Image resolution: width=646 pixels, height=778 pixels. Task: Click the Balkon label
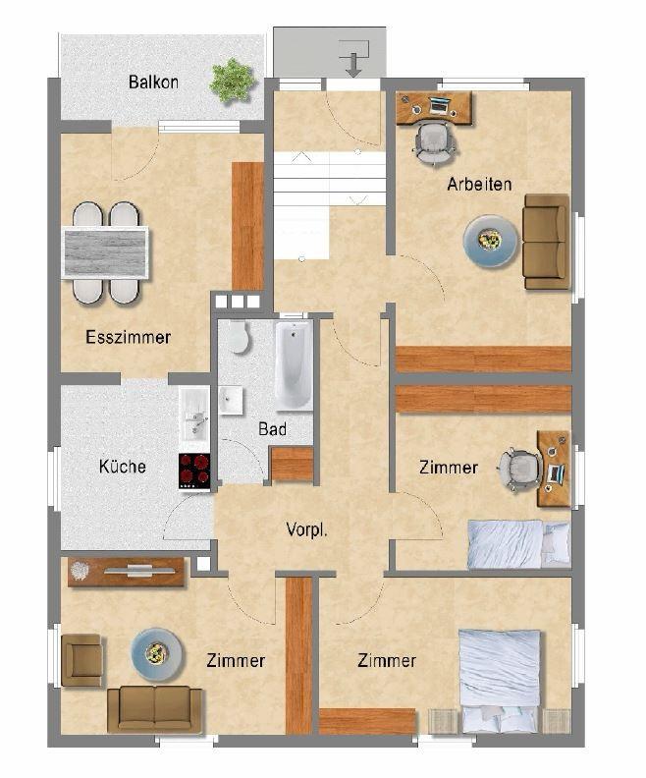[153, 83]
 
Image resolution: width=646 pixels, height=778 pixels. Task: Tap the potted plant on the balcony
[232, 81]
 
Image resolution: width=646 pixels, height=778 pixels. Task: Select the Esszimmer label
[128, 337]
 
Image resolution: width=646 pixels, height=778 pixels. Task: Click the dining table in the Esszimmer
[106, 251]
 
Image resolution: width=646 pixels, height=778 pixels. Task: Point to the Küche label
[123, 466]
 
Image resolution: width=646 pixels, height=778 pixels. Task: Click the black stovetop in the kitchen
[194, 471]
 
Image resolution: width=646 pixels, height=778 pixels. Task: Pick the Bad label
[272, 429]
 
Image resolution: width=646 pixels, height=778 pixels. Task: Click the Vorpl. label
[305, 528]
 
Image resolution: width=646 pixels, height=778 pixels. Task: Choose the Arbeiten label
[479, 184]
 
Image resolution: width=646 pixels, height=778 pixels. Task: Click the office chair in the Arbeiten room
[435, 141]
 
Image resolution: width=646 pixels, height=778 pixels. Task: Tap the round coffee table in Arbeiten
[490, 241]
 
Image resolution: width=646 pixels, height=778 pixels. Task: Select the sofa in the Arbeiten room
[546, 242]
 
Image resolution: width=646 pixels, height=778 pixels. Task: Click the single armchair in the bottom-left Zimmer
[81, 659]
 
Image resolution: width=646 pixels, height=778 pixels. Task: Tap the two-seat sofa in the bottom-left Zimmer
[154, 708]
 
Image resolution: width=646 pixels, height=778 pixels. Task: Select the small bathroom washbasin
[232, 398]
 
